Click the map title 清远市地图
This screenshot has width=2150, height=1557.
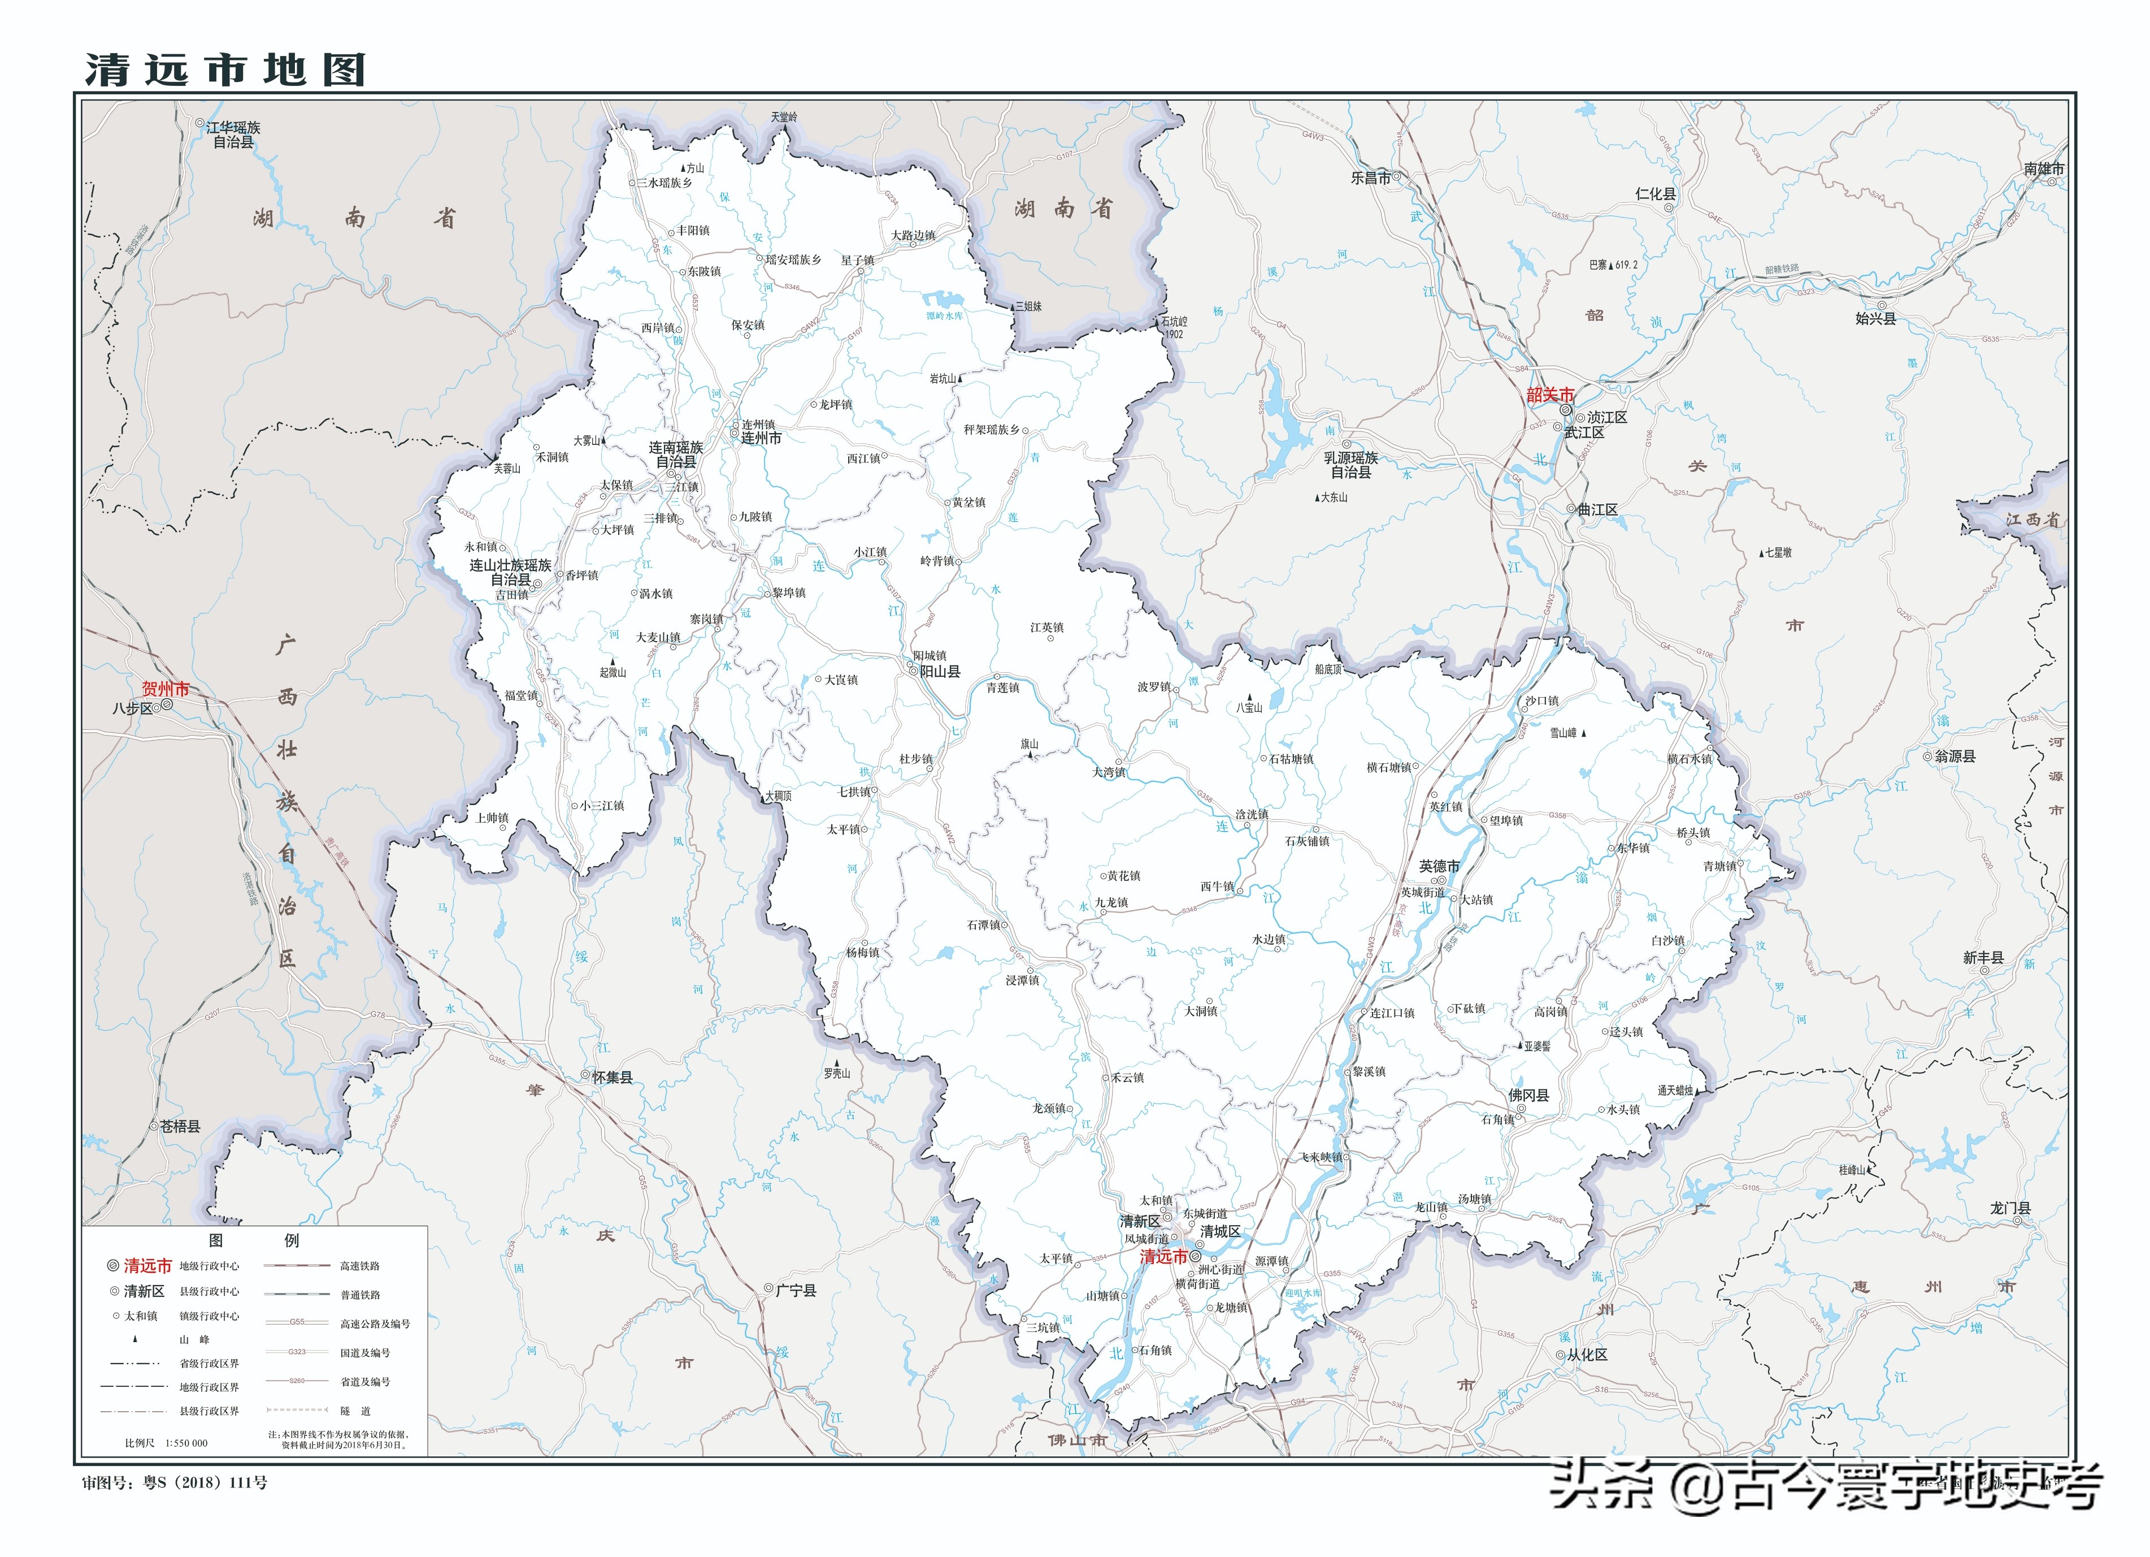[x=225, y=69]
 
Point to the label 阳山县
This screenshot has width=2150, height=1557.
[x=940, y=671]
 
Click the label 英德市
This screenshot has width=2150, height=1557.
[x=1439, y=866]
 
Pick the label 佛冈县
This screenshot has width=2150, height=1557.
[x=1528, y=1095]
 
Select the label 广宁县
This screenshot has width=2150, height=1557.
[x=796, y=1291]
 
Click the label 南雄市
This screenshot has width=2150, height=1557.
[x=2043, y=169]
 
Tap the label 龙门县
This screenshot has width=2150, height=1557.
[x=2010, y=1208]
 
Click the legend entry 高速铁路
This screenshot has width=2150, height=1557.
[x=360, y=1266]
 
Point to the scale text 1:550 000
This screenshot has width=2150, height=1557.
[x=187, y=1443]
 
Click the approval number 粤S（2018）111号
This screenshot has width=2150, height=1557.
[x=205, y=1482]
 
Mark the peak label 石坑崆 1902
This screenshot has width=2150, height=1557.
[x=1174, y=327]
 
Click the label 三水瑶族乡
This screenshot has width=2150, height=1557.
[x=664, y=183]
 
